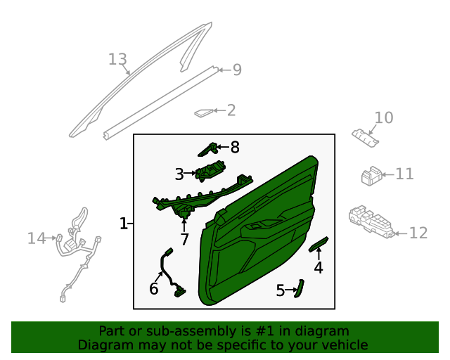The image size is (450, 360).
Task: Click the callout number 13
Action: [x=117, y=60]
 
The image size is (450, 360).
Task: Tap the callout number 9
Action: [x=237, y=70]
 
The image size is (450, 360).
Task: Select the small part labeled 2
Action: [x=204, y=112]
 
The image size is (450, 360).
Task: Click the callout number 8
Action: [x=235, y=147]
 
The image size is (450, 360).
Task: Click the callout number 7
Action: [x=184, y=239]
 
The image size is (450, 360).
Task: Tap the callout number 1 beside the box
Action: [x=124, y=224]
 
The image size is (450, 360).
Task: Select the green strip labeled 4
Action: [x=319, y=244]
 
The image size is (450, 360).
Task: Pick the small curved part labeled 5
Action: [x=300, y=288]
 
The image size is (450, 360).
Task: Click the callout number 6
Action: [x=153, y=288]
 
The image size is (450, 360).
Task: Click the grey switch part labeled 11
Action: [x=371, y=176]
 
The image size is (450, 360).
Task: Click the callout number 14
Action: [x=37, y=238]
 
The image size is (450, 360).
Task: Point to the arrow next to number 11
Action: [x=388, y=174]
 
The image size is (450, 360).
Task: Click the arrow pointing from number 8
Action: [x=223, y=147]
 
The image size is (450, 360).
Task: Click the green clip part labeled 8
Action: [x=207, y=149]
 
